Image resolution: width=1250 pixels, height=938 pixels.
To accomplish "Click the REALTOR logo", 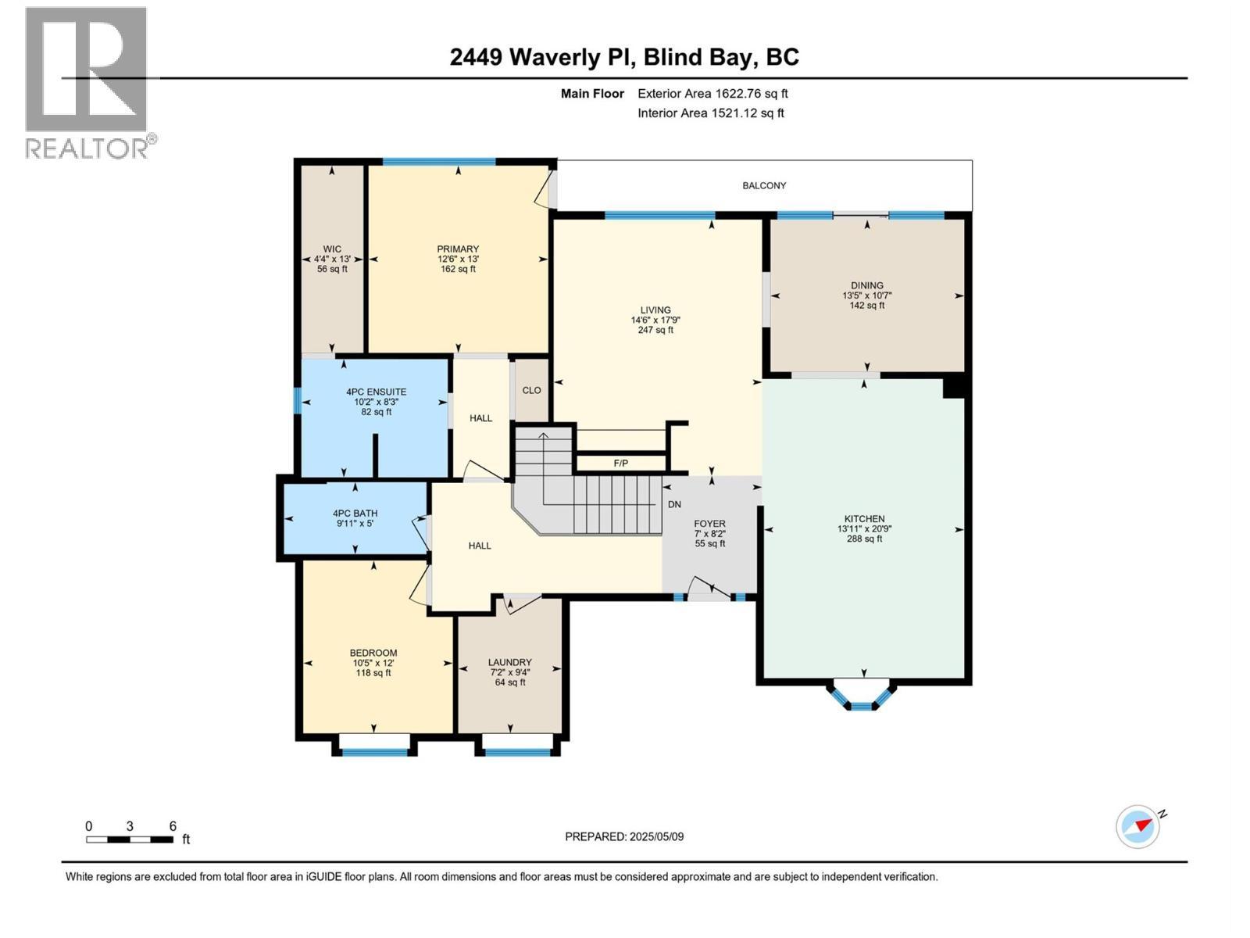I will [87, 82].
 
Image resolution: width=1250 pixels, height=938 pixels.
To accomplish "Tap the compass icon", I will [1137, 826].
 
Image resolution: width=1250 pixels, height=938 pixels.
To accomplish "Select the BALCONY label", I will [764, 185].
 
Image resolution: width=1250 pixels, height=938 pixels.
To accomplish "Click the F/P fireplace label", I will [620, 464].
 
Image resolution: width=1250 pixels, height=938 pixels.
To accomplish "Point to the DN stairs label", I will [674, 505].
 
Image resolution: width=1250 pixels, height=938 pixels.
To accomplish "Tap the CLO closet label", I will [531, 390].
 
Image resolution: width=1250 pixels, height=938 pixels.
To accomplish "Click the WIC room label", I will [332, 249].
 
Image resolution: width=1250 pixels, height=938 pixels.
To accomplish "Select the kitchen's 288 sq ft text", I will [864, 539].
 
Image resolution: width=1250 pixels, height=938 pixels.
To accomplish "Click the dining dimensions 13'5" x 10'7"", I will [867, 295].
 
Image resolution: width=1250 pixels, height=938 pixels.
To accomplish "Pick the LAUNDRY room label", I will [509, 662].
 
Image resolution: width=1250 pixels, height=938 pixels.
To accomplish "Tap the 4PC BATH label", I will [355, 514].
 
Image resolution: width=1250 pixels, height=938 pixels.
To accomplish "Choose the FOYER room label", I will [709, 524].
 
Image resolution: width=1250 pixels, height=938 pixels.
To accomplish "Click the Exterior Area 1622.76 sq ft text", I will [712, 94].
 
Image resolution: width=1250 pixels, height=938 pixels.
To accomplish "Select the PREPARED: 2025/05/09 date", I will [624, 836].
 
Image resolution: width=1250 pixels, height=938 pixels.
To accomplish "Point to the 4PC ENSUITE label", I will [377, 392].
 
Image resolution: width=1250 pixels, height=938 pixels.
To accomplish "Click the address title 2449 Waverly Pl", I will [545, 57].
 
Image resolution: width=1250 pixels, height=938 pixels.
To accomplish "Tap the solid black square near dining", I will [955, 386].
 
